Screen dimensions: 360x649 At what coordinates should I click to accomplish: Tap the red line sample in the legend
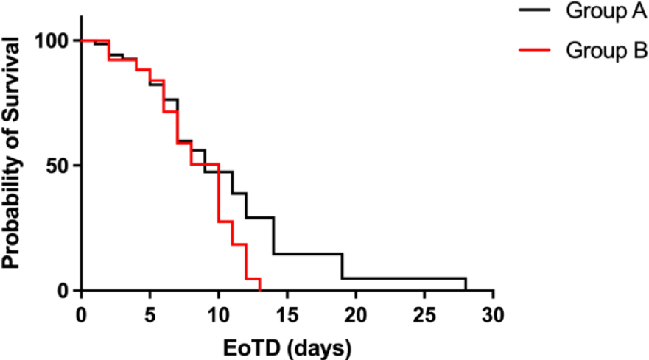[538, 51]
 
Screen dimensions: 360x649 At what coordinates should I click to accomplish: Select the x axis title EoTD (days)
[286, 344]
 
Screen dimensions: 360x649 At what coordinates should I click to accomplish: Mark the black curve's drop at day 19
[342, 267]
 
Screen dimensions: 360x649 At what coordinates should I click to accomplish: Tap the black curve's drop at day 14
[273, 236]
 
